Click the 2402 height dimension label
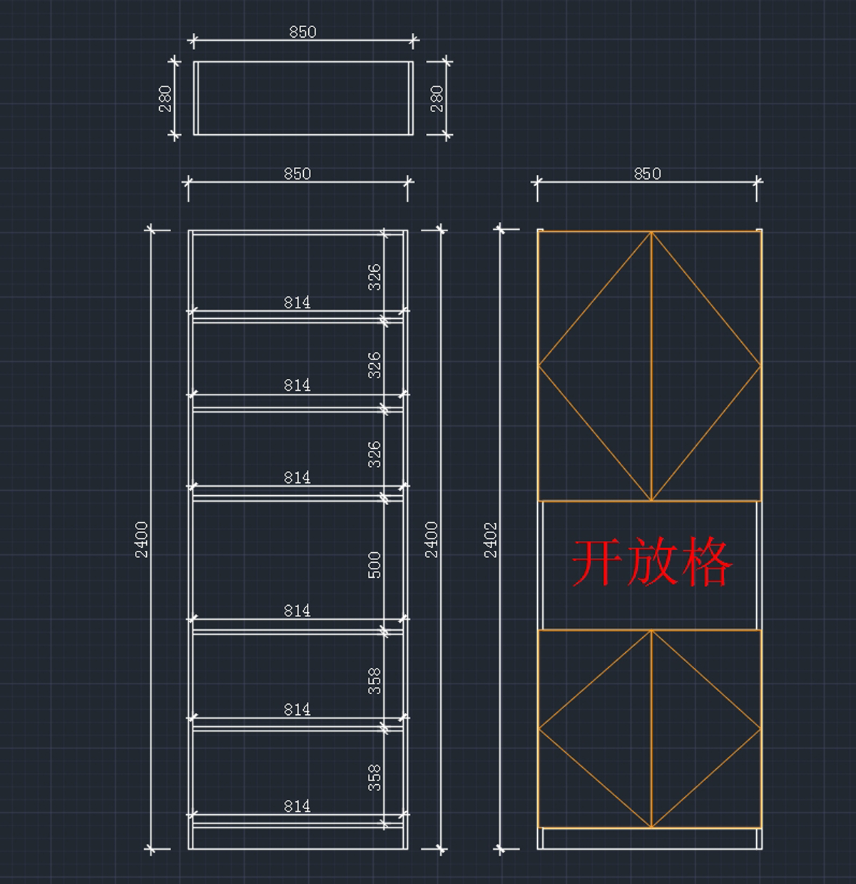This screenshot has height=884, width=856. click(x=491, y=539)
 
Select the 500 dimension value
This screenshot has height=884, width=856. click(x=374, y=564)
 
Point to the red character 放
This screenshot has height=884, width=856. click(x=651, y=562)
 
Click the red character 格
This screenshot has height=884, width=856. click(x=705, y=562)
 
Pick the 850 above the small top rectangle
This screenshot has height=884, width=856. click(x=302, y=32)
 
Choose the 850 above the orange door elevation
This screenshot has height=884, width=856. click(x=647, y=173)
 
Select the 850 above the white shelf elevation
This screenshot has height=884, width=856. click(x=297, y=173)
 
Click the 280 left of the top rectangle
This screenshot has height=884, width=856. click(x=165, y=98)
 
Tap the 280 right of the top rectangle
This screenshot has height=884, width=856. click(x=437, y=98)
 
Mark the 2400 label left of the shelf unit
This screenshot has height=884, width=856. click(x=142, y=539)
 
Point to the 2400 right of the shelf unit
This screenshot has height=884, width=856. click(x=432, y=539)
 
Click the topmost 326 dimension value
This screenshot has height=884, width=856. click(x=374, y=277)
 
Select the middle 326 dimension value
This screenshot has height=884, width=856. click(x=374, y=365)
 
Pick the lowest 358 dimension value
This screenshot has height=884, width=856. click(x=374, y=777)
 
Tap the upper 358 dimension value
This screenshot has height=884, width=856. click(x=374, y=681)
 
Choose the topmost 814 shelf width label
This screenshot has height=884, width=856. click(x=297, y=303)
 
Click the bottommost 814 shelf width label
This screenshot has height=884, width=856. click(x=297, y=806)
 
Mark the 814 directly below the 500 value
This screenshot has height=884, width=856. click(x=297, y=611)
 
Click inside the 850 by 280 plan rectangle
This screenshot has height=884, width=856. click(x=303, y=98)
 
